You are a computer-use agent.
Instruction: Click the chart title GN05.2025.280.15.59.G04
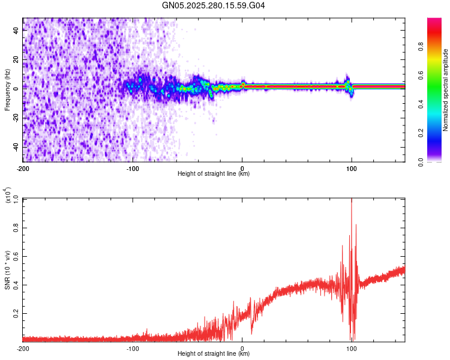pyautogui.click(x=214, y=5)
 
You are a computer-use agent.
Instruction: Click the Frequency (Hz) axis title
pyautogui.click(x=7, y=90)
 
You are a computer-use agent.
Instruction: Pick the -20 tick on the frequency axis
pyautogui.click(x=16, y=118)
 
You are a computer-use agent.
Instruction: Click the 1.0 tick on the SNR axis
pyautogui.click(x=16, y=199)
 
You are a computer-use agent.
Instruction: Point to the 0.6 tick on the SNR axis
pyautogui.click(x=16, y=256)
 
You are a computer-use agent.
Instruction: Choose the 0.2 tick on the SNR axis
pyautogui.click(x=16, y=313)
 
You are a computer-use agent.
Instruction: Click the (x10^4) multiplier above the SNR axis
pyautogui.click(x=8, y=195)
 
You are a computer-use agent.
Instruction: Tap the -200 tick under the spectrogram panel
pyautogui.click(x=23, y=168)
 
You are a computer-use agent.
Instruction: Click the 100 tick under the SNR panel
pyautogui.click(x=352, y=348)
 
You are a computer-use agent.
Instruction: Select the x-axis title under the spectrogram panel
pyautogui.click(x=214, y=174)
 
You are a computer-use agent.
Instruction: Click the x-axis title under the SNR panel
pyautogui.click(x=214, y=354)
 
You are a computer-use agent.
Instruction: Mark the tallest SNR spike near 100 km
pyautogui.click(x=352, y=200)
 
